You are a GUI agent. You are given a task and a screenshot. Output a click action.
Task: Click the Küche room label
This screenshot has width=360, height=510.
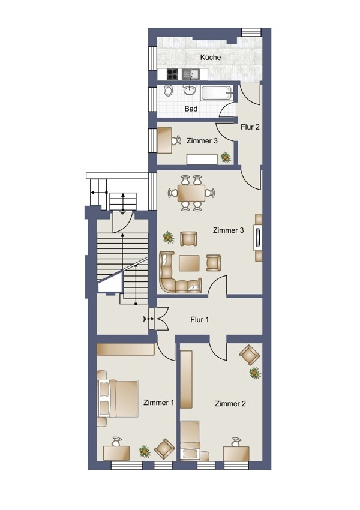click(x=211, y=57)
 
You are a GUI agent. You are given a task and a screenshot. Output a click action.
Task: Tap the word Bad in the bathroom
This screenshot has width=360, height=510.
click(x=191, y=109)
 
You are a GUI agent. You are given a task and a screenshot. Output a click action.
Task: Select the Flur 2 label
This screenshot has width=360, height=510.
click(x=250, y=127)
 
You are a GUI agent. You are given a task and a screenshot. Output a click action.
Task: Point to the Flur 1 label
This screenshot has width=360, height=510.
click(x=199, y=320)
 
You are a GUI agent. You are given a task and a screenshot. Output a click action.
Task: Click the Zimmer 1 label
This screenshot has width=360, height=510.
click(x=158, y=403)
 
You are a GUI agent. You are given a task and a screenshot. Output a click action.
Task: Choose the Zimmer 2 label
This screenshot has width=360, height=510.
click(x=230, y=404)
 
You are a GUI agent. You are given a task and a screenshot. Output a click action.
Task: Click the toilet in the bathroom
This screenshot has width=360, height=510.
click(x=168, y=90)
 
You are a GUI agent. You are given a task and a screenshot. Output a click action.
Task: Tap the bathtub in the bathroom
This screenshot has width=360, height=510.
click(x=216, y=92)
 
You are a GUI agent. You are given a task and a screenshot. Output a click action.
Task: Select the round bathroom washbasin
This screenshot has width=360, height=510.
click(x=189, y=89)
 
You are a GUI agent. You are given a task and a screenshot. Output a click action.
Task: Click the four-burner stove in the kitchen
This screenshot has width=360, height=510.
click(x=172, y=74)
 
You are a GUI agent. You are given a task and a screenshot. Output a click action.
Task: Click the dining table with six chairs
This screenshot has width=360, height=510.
click(x=191, y=193)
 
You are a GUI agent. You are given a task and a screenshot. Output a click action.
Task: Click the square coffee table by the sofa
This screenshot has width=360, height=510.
click(x=189, y=263)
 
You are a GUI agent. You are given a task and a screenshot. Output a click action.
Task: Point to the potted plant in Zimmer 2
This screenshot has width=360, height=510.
click(x=255, y=373)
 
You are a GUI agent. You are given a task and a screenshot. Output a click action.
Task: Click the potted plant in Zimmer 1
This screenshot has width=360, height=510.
click(x=145, y=451)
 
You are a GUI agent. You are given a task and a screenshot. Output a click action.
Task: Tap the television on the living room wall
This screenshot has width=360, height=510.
click(x=258, y=238)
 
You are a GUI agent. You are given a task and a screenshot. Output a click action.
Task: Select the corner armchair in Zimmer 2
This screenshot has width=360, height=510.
click(x=250, y=355)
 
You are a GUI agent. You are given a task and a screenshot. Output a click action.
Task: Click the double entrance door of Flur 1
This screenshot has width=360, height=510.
click(x=160, y=319)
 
